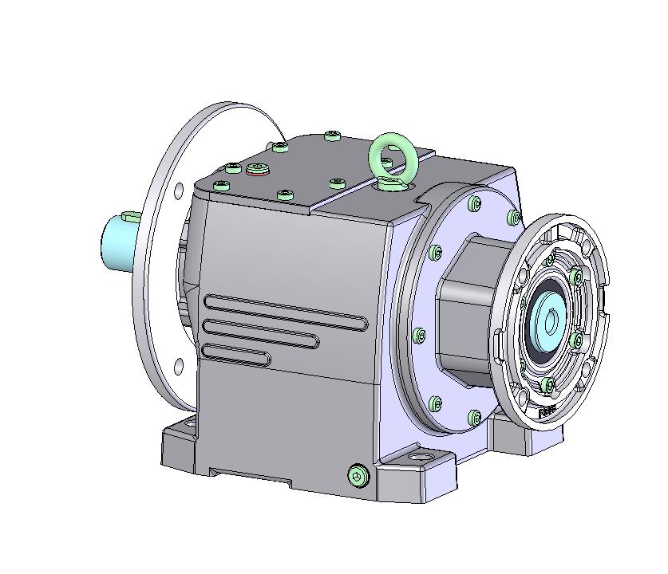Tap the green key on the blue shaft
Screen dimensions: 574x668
coord(131,216)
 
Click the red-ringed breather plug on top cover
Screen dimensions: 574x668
coord(258,168)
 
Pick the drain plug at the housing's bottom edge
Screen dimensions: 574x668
coord(358,476)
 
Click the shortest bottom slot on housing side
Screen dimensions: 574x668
coord(236,352)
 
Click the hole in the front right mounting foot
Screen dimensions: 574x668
coord(419,461)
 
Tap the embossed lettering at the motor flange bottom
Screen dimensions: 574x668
coord(547,412)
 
